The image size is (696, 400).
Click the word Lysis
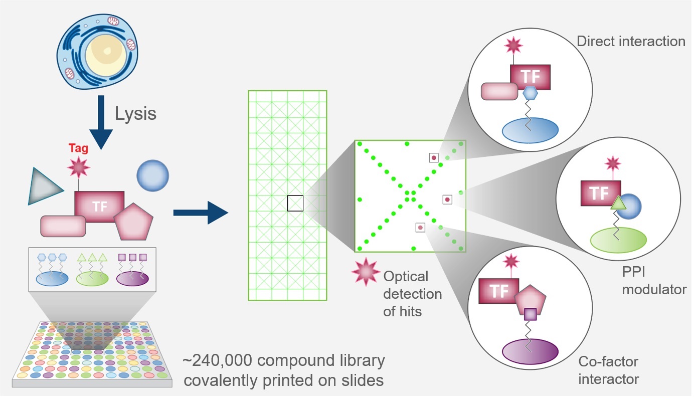pyautogui.click(x=135, y=114)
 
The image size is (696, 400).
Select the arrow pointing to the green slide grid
pyautogui.click(x=200, y=213)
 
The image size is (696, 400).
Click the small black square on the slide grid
pyautogui.click(x=295, y=203)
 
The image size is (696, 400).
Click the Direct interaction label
pyautogui.click(x=631, y=41)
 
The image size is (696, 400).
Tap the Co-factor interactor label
pyautogui.click(x=609, y=370)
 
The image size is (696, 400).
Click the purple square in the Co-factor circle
pyautogui.click(x=530, y=314)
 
